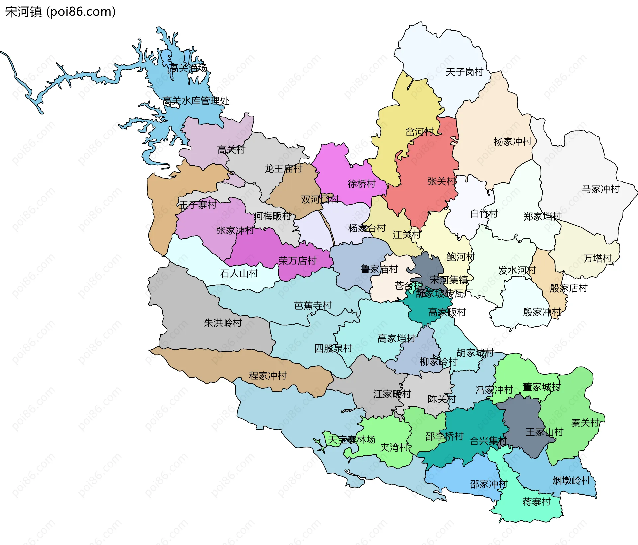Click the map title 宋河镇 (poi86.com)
click(60, 12)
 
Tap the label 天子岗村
click(464, 72)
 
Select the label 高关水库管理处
click(196, 101)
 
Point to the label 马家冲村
click(600, 189)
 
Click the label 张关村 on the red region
click(441, 181)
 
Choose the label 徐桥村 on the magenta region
click(362, 184)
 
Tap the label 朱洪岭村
click(223, 323)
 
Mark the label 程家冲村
click(268, 376)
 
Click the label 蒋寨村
click(536, 501)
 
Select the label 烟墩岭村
click(571, 480)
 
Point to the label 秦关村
click(585, 423)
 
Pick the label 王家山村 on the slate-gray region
click(544, 432)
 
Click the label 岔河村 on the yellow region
click(419, 132)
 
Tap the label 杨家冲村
click(513, 142)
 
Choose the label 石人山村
click(239, 274)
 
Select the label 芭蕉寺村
click(313, 305)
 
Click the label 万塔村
click(597, 258)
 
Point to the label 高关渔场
click(188, 68)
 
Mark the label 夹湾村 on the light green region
click(394, 447)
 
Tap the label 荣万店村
click(297, 261)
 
